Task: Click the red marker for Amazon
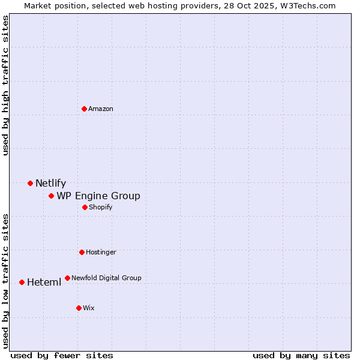click(84, 109)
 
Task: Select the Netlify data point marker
click(30, 183)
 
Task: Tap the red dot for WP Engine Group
click(51, 196)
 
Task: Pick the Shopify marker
click(85, 207)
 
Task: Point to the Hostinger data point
click(82, 252)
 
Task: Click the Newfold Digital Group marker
click(67, 278)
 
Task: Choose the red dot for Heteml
click(22, 282)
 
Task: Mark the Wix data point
click(79, 308)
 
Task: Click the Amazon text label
click(101, 109)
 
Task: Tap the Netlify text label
click(50, 184)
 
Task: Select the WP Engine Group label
click(98, 196)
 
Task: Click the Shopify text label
click(101, 207)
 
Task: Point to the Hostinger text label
click(101, 252)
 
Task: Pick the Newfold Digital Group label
click(106, 278)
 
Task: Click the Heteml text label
click(44, 283)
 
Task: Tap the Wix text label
click(89, 308)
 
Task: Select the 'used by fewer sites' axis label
click(62, 355)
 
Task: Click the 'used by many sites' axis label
click(301, 355)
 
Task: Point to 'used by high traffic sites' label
click(6, 85)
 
